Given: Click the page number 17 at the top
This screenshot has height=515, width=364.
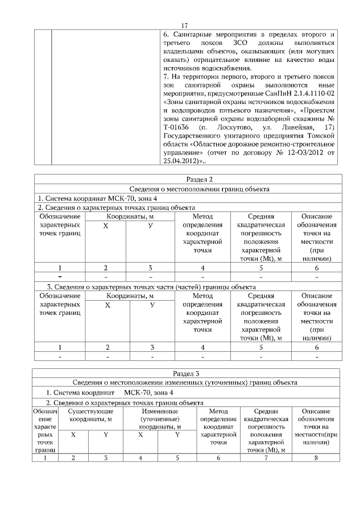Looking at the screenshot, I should point(185,26).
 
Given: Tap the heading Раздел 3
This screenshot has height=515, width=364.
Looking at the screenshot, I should point(187,373).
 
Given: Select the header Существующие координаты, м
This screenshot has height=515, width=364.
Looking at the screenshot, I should point(90,415).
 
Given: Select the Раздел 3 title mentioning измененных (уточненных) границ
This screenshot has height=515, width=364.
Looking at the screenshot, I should point(187,382).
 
